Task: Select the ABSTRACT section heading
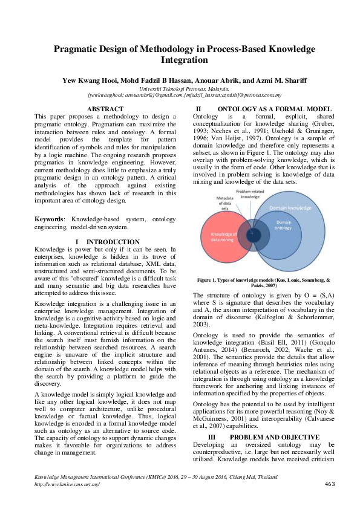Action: [105, 109]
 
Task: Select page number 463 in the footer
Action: [330, 484]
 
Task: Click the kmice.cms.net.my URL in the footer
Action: [67, 485]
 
